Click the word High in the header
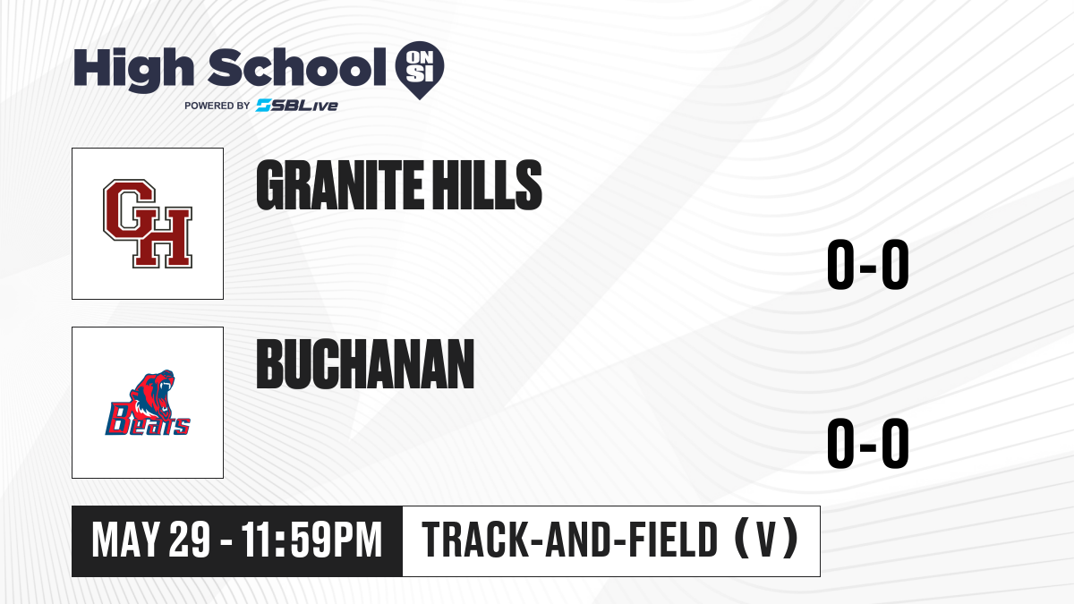[x=133, y=69]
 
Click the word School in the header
[x=297, y=67]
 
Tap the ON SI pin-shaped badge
[x=420, y=70]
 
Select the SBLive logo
[x=297, y=106]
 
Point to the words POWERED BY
[x=217, y=106]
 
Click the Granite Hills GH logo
[x=148, y=224]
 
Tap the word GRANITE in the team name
[x=340, y=185]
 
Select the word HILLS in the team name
[x=486, y=185]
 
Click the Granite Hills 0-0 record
[x=868, y=264]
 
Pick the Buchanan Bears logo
[x=148, y=403]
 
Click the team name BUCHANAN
[x=365, y=364]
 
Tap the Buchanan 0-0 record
[x=868, y=443]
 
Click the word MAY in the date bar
[x=125, y=540]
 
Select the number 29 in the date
[x=190, y=540]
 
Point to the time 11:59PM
[x=311, y=540]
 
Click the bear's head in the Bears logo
[x=153, y=392]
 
